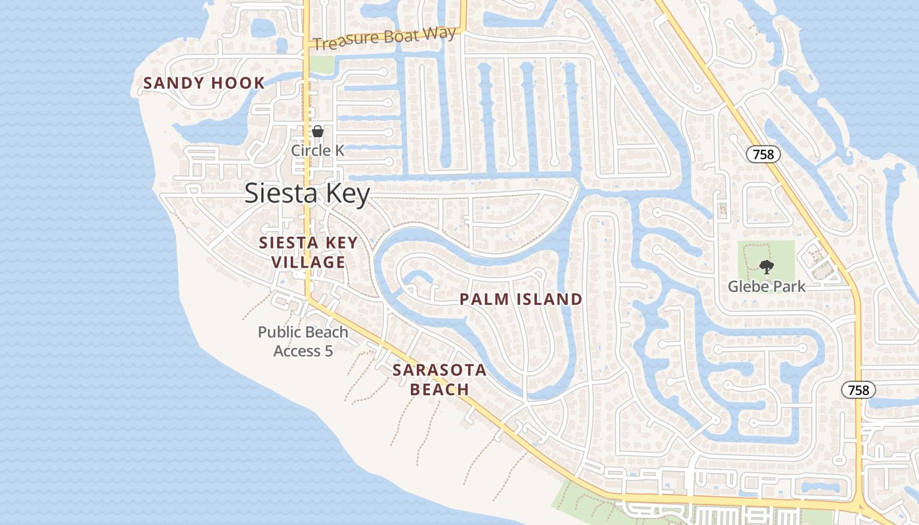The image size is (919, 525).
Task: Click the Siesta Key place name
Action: pos(307,194)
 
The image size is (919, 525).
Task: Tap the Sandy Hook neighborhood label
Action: pos(204,83)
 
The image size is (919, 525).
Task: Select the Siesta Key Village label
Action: pos(309,253)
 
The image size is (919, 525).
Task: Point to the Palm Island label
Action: pos(521,300)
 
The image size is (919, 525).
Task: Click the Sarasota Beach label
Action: pos(440,379)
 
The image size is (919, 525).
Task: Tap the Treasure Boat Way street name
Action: pos(385,39)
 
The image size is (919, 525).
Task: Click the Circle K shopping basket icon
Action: pos(318,131)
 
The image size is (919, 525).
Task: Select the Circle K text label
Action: pos(318,150)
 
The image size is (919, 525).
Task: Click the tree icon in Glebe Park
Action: pos(766,266)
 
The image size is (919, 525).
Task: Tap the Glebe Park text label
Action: pos(767,287)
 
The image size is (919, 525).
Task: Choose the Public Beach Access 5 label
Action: pos(303,341)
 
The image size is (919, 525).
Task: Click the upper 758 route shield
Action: pos(764,154)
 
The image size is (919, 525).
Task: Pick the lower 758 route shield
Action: pos(858,390)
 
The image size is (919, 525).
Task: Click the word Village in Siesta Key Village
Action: pos(309,262)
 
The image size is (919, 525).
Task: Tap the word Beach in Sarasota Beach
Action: pos(440,389)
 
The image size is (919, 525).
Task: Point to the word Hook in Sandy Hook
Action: pos(238,83)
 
